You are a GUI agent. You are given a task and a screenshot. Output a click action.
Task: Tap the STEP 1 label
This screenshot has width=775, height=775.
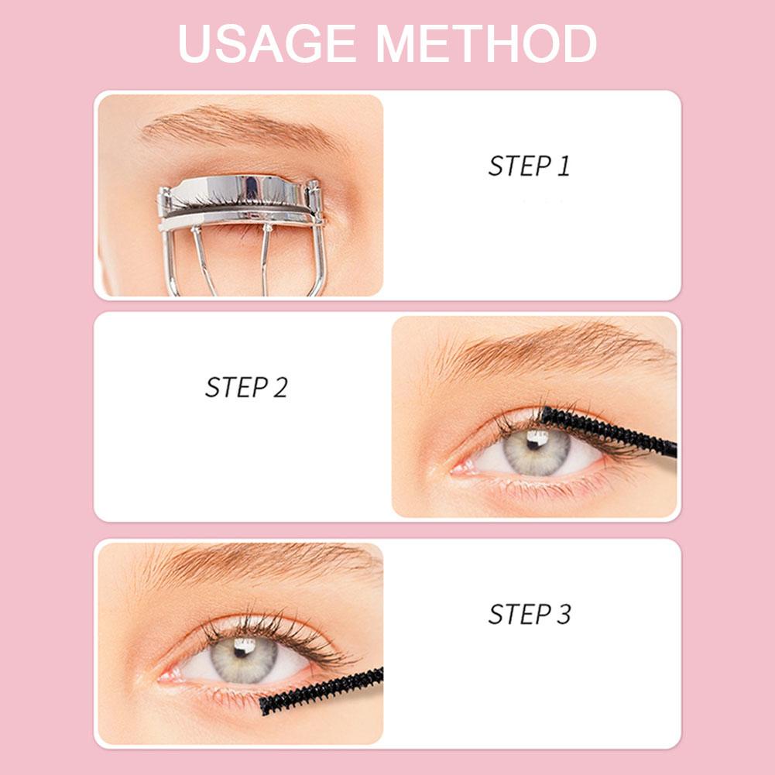click(529, 166)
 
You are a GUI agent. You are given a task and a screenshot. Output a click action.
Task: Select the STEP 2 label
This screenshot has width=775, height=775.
click(246, 387)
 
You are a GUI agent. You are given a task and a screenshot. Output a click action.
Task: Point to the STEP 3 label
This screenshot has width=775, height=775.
click(530, 614)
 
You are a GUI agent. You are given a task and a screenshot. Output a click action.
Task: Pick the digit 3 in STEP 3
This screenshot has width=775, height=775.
click(563, 614)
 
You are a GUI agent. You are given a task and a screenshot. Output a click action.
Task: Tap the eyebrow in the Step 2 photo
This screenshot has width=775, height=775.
click(557, 348)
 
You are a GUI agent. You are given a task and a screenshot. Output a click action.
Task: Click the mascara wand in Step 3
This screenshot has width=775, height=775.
click(321, 691)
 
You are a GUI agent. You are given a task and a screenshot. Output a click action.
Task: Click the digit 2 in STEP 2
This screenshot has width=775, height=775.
click(279, 387)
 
